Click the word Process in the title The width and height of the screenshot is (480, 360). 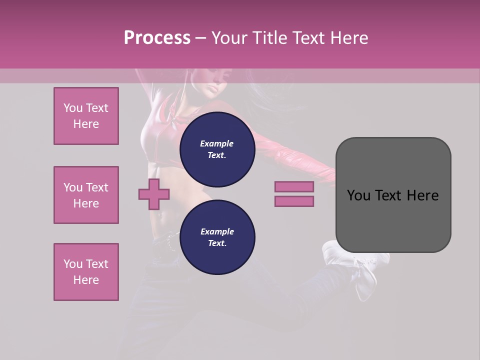click(157, 37)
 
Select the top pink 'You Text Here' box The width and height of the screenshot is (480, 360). click(86, 116)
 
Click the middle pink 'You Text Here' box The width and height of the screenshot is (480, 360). click(86, 195)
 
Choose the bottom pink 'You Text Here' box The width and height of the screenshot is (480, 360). click(86, 272)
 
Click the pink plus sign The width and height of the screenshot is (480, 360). click(154, 194)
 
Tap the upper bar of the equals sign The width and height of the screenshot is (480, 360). click(294, 186)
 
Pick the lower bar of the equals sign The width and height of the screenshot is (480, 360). click(294, 201)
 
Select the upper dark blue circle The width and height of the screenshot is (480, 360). click(217, 149)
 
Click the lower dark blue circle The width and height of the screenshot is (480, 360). click(217, 237)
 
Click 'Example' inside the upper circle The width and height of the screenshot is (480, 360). click(217, 143)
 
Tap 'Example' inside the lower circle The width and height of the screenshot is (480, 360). click(217, 231)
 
